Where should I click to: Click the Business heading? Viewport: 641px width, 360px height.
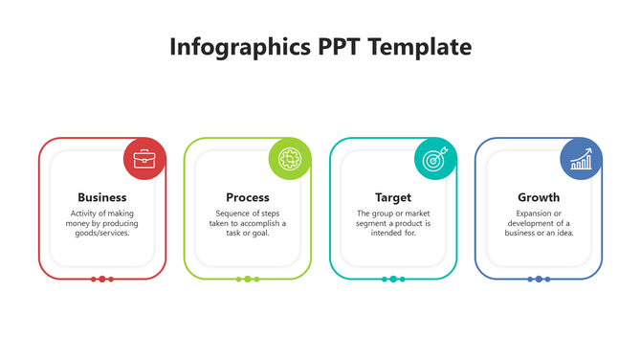click(102, 197)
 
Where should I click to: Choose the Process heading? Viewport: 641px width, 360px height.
click(248, 197)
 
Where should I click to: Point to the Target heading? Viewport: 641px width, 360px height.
click(393, 197)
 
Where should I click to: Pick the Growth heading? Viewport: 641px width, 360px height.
click(539, 197)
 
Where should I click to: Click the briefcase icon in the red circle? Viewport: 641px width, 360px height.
click(144, 159)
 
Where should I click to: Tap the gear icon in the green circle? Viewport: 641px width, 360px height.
click(290, 159)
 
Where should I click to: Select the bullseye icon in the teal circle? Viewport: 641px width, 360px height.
click(435, 159)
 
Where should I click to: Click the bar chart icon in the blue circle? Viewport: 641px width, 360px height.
click(581, 159)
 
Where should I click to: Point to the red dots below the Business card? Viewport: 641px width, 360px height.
click(102, 279)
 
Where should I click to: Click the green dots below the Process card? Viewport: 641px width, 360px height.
click(248, 279)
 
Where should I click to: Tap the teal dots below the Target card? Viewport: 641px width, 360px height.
click(393, 279)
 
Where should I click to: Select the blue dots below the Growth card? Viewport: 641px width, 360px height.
click(539, 279)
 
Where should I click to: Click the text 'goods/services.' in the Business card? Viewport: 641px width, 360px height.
click(102, 233)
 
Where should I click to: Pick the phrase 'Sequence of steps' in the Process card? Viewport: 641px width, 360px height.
click(248, 214)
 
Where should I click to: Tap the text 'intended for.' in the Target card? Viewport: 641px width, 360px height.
click(393, 233)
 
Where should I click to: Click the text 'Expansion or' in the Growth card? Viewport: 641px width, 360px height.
click(539, 214)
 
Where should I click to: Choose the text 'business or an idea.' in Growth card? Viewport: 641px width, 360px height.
click(539, 233)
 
